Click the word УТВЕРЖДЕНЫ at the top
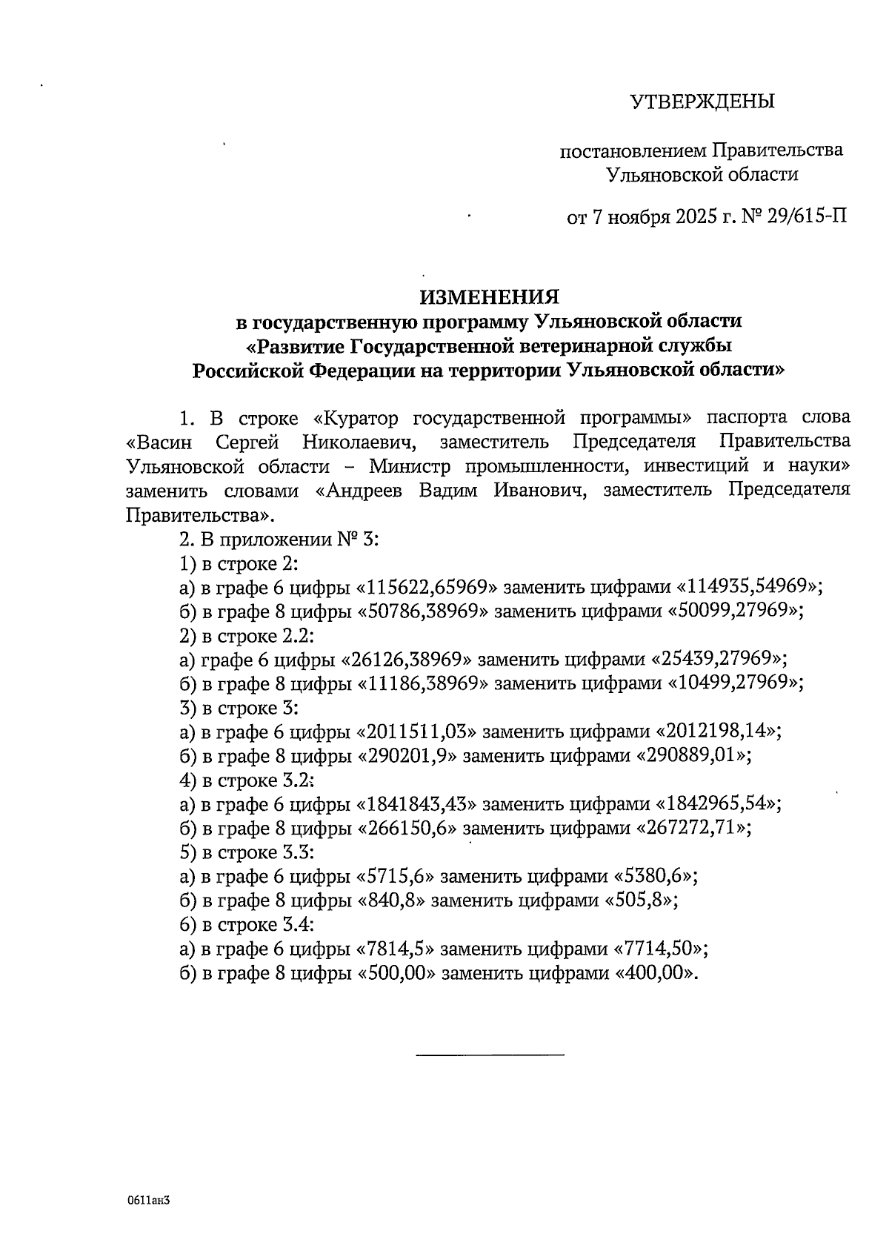point(702,102)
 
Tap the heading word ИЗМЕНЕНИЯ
point(490,297)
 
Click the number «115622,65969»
point(426,587)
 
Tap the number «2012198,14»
point(716,732)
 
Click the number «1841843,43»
point(417,804)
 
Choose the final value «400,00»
point(654,973)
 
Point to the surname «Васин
point(159,443)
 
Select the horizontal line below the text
point(490,1053)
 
